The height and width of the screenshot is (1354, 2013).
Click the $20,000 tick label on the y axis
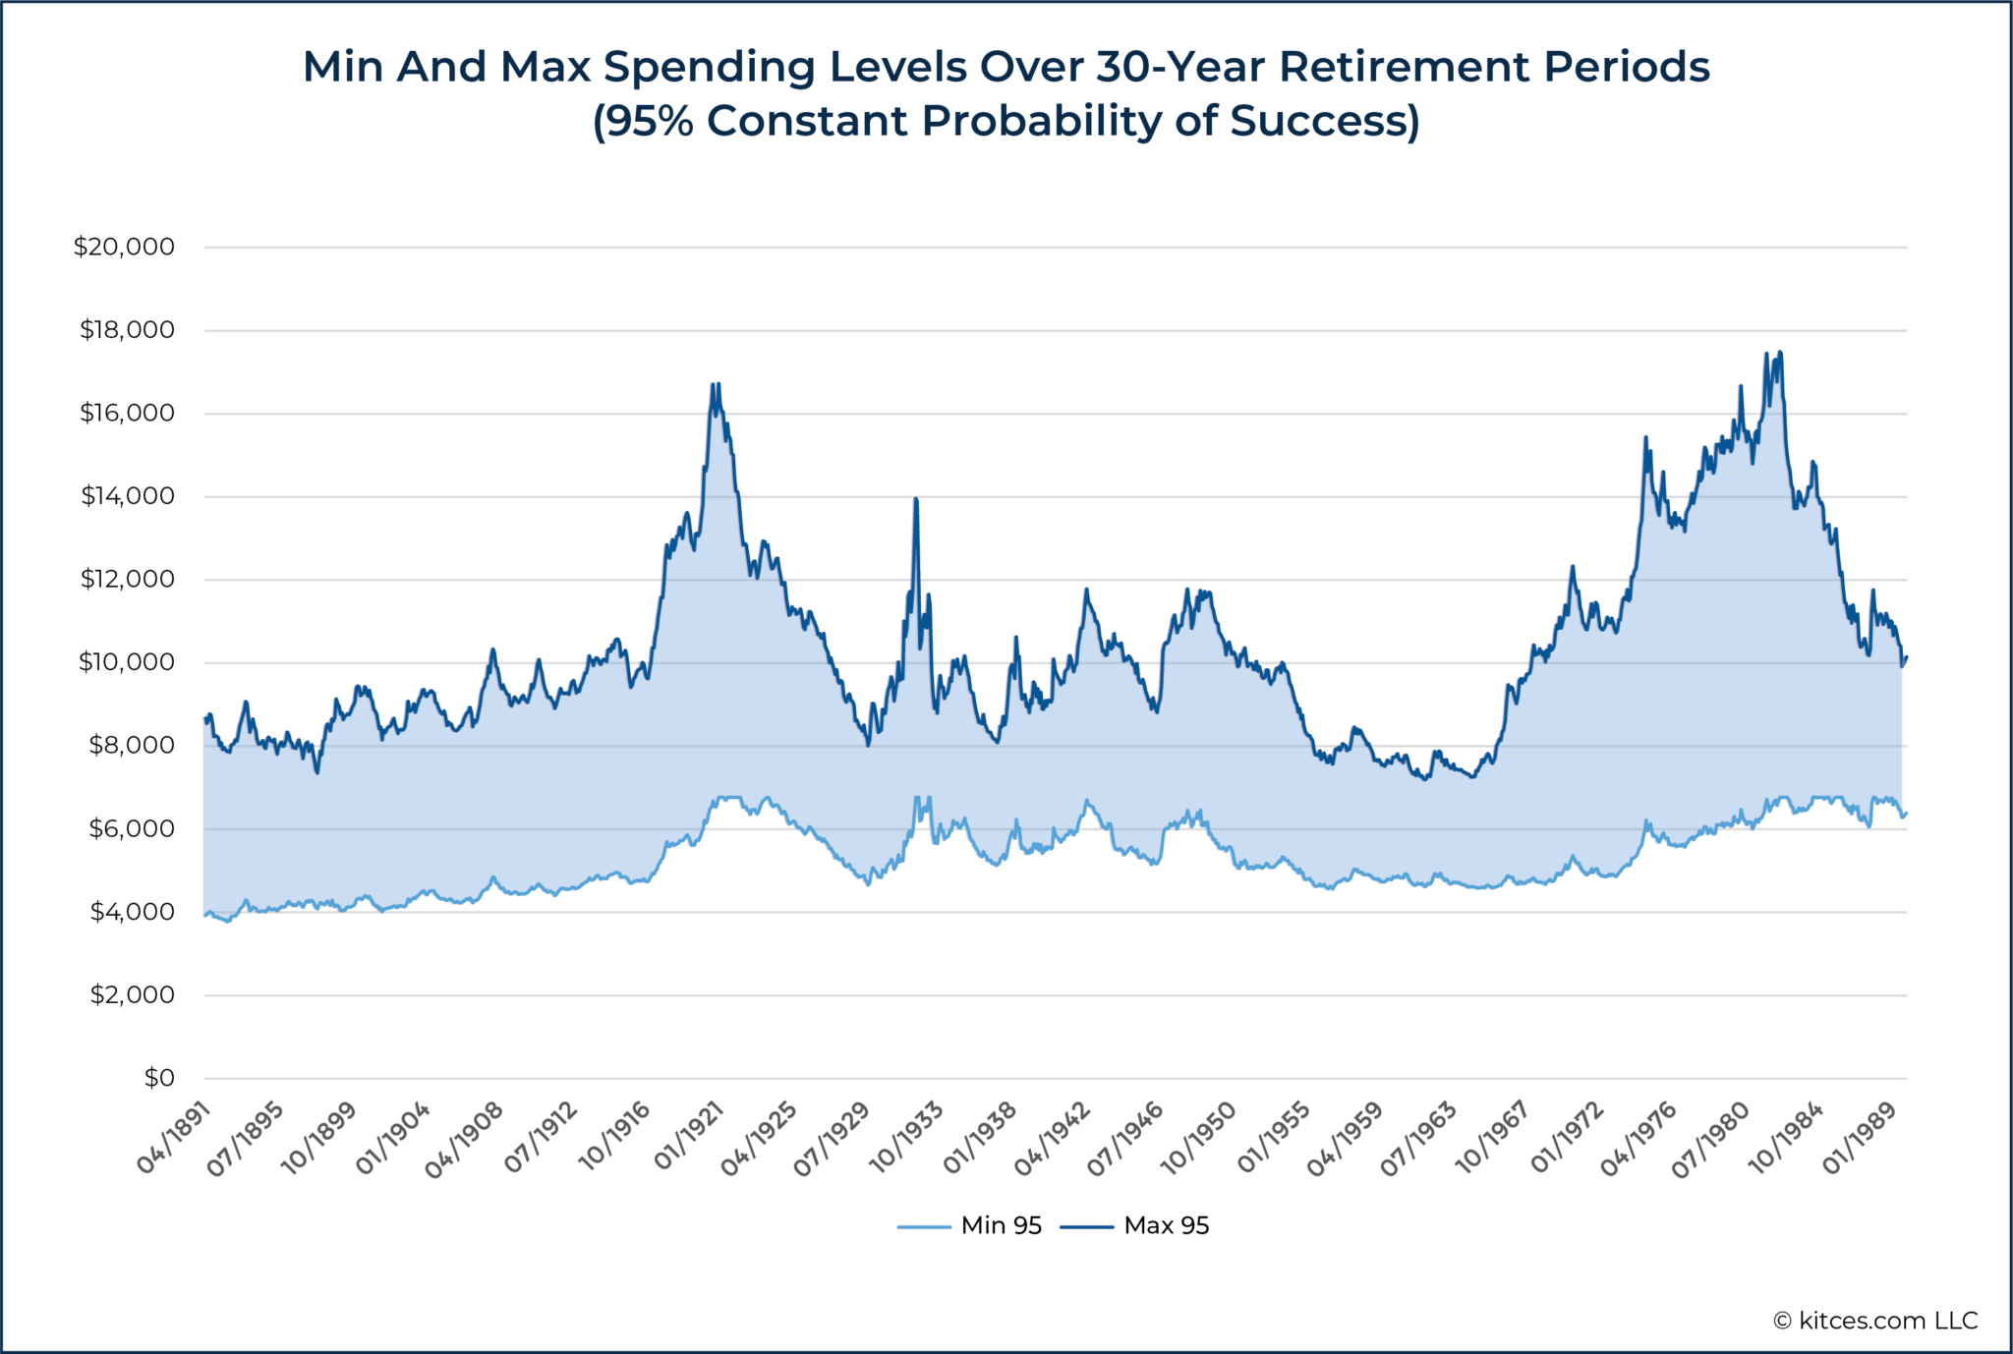[x=124, y=247]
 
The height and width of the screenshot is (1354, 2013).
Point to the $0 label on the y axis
[x=159, y=1078]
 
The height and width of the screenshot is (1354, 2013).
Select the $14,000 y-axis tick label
[x=127, y=496]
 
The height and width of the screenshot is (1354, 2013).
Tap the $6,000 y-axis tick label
[x=131, y=828]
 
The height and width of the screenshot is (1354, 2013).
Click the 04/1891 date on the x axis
[x=174, y=1137]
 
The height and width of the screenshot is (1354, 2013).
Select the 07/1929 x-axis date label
[x=832, y=1137]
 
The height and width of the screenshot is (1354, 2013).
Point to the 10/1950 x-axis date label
[x=1197, y=1137]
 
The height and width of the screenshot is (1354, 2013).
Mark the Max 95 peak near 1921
[x=715, y=384]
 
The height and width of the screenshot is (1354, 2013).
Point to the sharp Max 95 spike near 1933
[x=916, y=499]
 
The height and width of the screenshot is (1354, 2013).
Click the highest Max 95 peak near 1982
[x=1780, y=353]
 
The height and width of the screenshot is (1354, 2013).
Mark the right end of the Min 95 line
[x=1906, y=812]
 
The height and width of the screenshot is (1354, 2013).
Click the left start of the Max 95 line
[x=205, y=719]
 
